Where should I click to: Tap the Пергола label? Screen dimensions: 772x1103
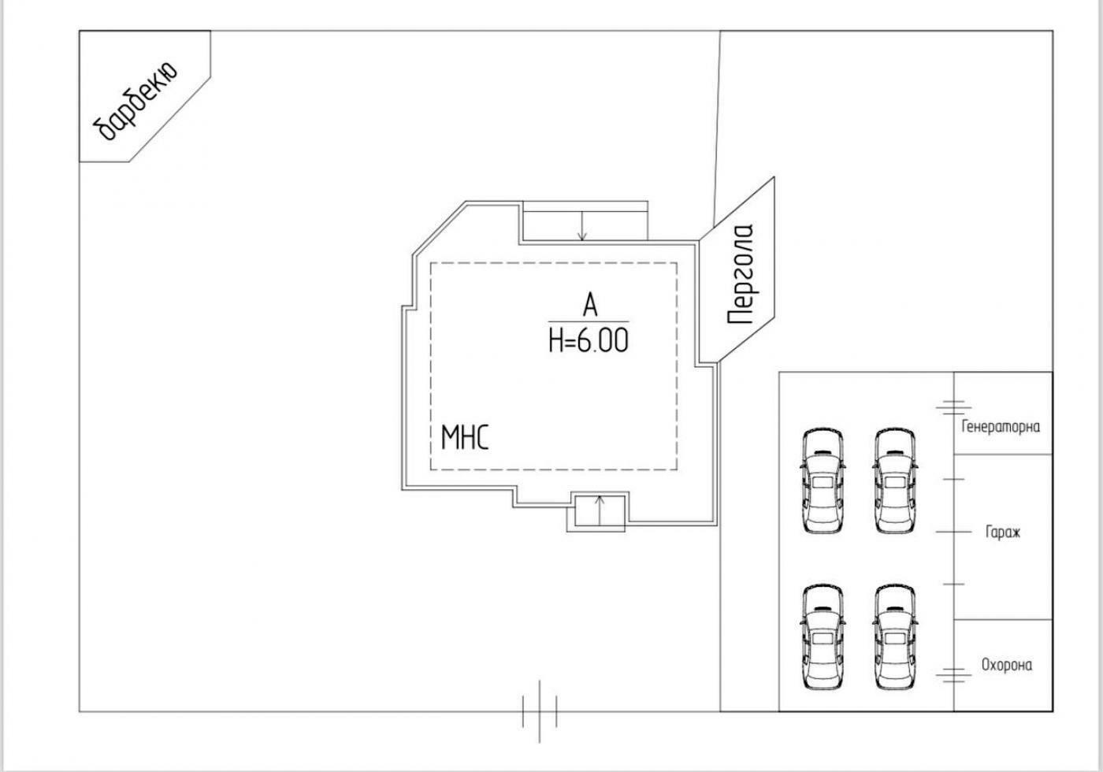741,274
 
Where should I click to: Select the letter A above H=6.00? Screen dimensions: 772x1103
589,306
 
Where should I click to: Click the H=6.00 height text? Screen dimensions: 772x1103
589,340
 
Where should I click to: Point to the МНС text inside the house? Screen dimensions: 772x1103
464,437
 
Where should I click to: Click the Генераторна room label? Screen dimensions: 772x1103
1001,427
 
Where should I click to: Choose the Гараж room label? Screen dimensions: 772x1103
1002,533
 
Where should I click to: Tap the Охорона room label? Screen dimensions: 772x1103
1006,665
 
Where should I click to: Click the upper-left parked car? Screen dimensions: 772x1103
823,481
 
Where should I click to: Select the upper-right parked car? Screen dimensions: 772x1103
895,481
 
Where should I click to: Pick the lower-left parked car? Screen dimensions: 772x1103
823,637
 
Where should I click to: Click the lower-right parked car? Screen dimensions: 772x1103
895,637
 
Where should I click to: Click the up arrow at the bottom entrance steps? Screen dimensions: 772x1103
599,510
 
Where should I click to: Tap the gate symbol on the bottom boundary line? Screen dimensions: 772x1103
540,711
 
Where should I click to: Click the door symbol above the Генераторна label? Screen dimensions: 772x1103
953,407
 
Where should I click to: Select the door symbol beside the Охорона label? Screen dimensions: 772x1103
953,674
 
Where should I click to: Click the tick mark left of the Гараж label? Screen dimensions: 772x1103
953,532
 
